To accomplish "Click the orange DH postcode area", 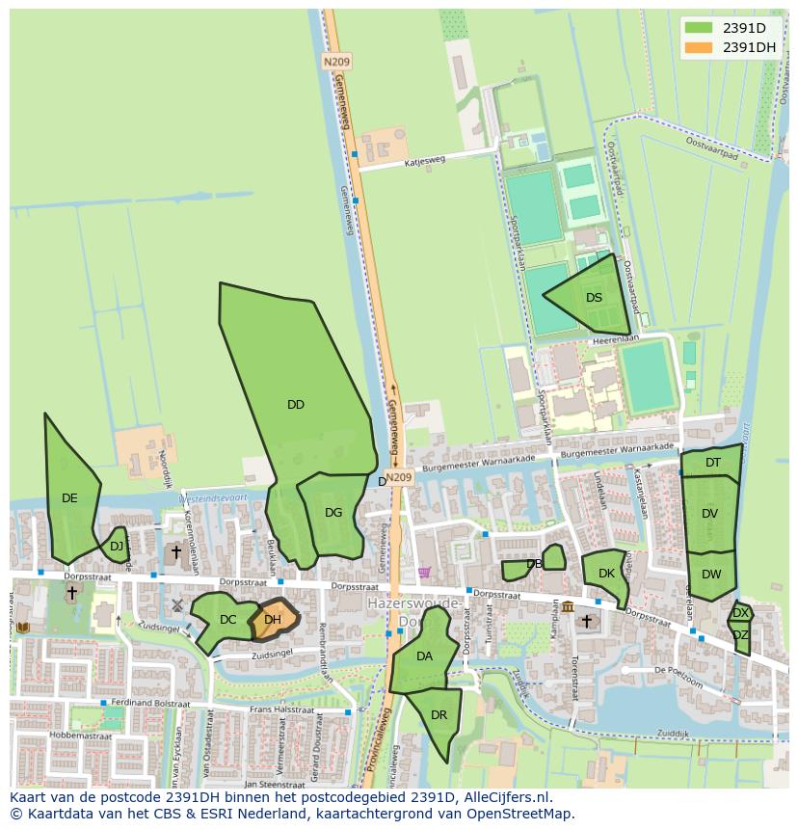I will pos(273,621).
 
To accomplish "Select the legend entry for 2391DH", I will pos(749,47).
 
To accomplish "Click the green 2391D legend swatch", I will pos(699,28).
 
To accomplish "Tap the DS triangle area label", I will pos(594,298).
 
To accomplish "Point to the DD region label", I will pos(296,405).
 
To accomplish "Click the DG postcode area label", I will pos(333,513).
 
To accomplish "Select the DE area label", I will pos(69,498).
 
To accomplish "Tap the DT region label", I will pos(712,463).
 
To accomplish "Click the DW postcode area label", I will pos(711,575).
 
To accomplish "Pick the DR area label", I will pos(439,715).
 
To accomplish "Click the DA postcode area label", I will pos(424,656).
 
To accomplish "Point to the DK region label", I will pos(606,574).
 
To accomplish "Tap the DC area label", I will pos(227,620).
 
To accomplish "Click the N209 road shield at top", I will pos(336,62).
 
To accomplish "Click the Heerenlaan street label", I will pos(615,339).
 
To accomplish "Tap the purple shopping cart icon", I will pos(424,572).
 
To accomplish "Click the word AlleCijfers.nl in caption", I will pos(505,797).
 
